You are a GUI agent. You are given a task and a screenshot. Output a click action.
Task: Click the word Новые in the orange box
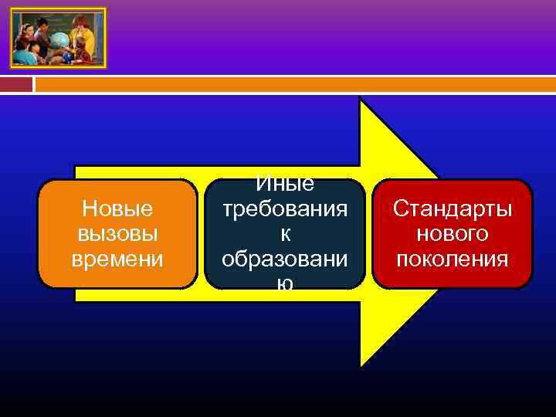117,208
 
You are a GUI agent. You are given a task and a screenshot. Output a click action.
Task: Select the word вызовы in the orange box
117,234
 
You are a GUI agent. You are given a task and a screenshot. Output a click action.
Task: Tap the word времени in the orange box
117,259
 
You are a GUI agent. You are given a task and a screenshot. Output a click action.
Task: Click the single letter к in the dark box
285,234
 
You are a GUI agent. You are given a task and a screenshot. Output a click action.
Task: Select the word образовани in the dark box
285,259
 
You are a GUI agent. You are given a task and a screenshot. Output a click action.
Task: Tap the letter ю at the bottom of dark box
285,283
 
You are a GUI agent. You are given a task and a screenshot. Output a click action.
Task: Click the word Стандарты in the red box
453,208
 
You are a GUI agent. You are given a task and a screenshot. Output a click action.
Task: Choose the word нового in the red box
453,234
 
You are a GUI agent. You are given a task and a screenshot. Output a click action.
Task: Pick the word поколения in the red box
453,259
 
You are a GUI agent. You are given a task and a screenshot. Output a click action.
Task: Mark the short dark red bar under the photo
21,83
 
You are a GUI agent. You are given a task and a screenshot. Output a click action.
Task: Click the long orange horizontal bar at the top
293,83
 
